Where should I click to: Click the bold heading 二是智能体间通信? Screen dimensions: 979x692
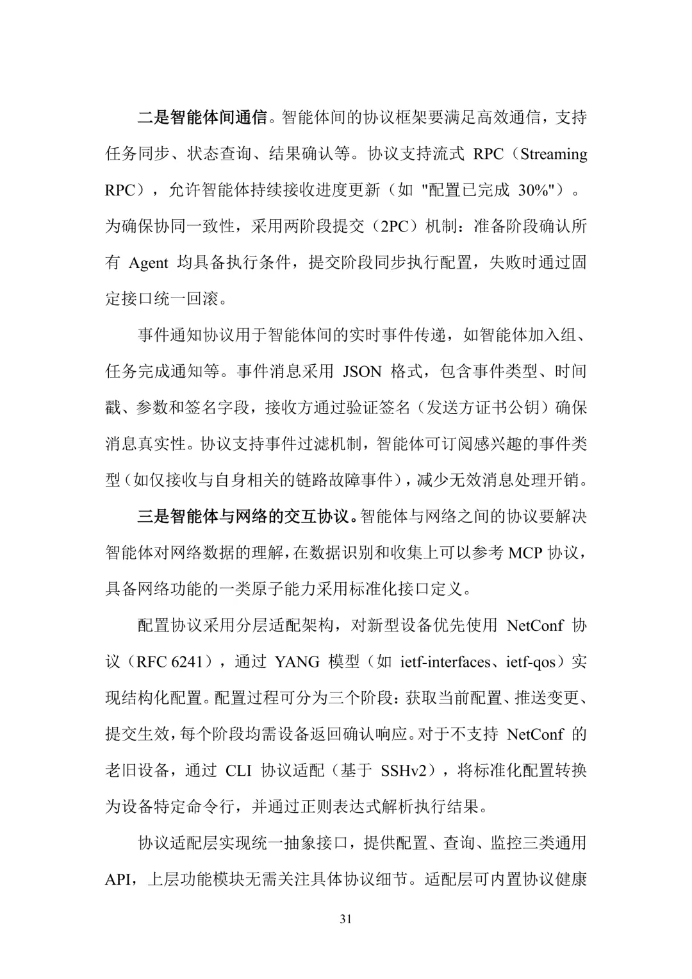coord(202,117)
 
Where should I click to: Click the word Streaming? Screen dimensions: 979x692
coord(554,154)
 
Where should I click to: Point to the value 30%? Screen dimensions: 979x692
coord(531,190)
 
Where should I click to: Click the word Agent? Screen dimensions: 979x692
coord(149,263)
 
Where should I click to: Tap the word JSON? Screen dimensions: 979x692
coord(362,371)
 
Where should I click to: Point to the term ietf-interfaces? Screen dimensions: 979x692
coord(445,662)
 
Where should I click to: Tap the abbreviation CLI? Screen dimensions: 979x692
coord(238,770)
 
